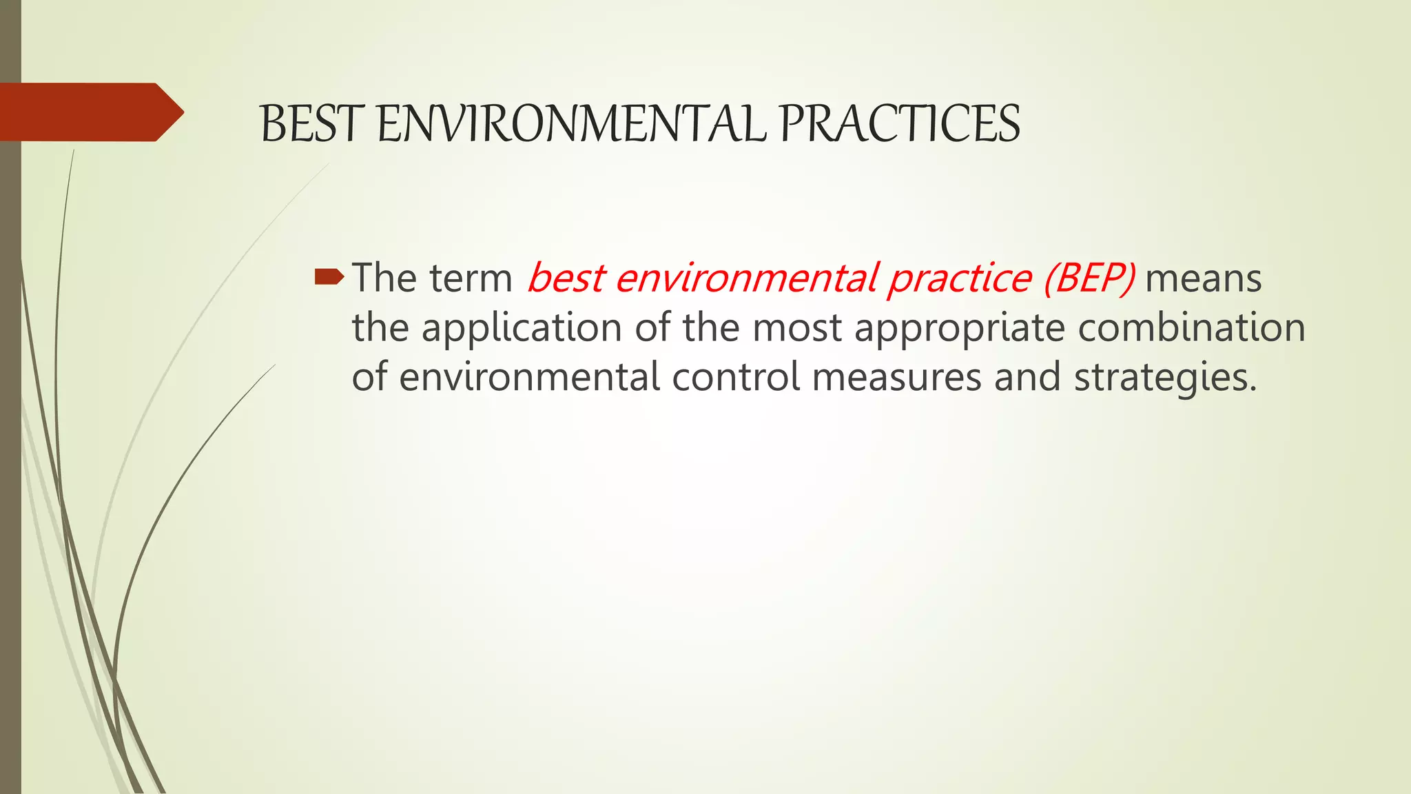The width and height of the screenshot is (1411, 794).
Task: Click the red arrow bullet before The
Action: [x=329, y=277]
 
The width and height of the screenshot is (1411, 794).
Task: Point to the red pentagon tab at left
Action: [x=90, y=112]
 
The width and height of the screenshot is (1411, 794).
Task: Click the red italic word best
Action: [x=566, y=278]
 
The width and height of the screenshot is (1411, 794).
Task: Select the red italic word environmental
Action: [x=745, y=278]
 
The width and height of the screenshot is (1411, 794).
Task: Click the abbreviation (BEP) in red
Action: [x=1089, y=278]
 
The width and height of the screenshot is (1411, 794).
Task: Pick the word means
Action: [x=1203, y=278]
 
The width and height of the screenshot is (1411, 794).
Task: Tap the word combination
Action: [x=1191, y=328]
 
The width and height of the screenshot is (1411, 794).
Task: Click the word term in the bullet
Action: [x=471, y=278]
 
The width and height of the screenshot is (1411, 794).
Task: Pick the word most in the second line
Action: [x=796, y=328]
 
